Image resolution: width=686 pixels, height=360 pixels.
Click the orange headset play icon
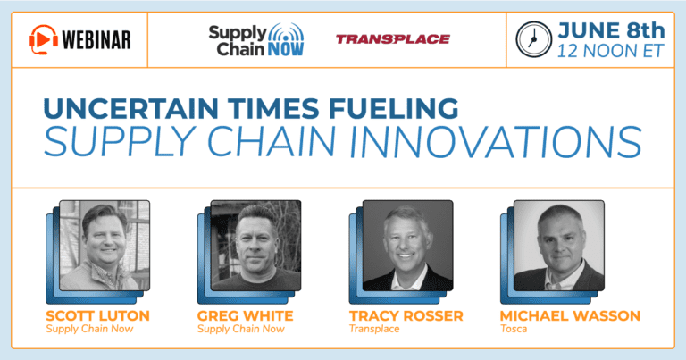click(x=43, y=39)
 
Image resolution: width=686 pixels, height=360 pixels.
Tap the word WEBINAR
click(x=96, y=40)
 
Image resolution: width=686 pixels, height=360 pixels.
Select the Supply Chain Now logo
click(x=256, y=40)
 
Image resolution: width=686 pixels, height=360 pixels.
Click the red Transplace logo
click(x=393, y=39)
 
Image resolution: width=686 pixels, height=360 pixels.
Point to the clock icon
click(x=533, y=39)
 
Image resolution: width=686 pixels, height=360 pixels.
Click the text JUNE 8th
click(x=611, y=30)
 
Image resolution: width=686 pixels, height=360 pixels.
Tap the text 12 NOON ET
click(x=610, y=51)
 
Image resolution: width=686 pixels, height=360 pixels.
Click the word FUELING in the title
click(x=393, y=108)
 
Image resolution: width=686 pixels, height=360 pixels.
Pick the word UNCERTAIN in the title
click(x=130, y=108)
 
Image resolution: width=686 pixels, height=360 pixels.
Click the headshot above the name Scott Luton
click(x=105, y=246)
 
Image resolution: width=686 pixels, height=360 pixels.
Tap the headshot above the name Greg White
click(x=256, y=246)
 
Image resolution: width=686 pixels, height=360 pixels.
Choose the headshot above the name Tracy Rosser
click(x=407, y=246)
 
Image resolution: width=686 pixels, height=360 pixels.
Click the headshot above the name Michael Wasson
click(x=559, y=246)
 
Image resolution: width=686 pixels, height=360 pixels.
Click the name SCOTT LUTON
click(x=97, y=316)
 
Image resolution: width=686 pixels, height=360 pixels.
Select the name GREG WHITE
click(x=245, y=316)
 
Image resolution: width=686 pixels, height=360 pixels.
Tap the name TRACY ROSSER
click(x=406, y=316)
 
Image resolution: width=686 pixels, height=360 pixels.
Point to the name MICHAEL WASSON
click(x=570, y=316)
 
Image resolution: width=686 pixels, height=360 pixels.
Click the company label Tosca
click(x=514, y=329)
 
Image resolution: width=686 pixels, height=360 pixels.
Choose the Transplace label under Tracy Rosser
click(x=374, y=329)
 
